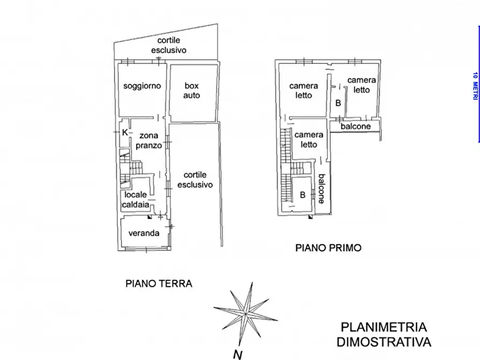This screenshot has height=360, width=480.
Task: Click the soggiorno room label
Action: coord(141,86)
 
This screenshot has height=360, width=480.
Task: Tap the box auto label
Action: coord(192,90)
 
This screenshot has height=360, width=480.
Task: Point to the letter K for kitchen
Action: coord(124,132)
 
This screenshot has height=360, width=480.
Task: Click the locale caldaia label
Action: coord(137,199)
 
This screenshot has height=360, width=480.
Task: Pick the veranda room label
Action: coord(143,233)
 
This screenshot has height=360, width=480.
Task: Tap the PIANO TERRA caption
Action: coord(159,283)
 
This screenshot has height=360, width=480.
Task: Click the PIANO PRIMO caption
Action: coord(328,248)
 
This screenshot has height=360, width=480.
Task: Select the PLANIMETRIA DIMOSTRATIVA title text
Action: coord(384,334)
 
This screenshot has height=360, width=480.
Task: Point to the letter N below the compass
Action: coord(237,354)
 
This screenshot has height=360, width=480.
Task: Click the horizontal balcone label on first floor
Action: coord(355,126)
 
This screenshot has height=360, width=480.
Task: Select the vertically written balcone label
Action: coord(321,189)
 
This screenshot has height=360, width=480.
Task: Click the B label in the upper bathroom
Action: coord(338,103)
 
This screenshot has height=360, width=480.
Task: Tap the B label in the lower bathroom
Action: coord(303,195)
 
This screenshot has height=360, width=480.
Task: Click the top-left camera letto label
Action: coord(303,90)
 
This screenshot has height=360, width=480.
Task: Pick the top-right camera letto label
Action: coord(362,85)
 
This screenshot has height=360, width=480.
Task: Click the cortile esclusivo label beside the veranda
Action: coord(198,179)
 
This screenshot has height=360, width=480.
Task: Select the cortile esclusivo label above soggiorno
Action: coord(168,45)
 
